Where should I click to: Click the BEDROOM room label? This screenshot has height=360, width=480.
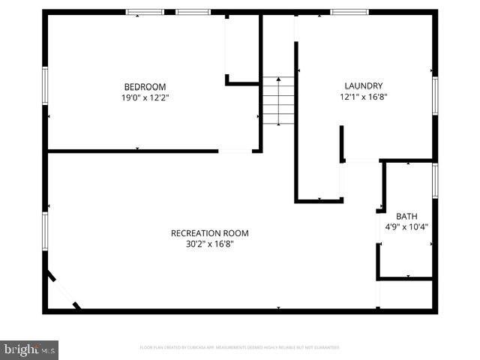[145, 87]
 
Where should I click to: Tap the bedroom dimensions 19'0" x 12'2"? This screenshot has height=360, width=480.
[145, 97]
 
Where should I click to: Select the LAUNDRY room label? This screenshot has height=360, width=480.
[363, 86]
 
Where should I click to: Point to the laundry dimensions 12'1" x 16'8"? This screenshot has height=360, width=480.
[363, 97]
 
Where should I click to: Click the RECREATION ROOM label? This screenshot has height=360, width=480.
[209, 233]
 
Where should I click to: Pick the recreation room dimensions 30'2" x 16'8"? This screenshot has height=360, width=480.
[209, 244]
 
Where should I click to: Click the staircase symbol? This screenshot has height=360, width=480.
[277, 102]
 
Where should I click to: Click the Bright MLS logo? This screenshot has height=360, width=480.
[30, 349]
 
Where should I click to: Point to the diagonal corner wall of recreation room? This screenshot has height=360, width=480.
[61, 291]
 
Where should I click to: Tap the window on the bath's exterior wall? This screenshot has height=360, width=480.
[435, 180]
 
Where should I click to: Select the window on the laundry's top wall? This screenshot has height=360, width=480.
[349, 12]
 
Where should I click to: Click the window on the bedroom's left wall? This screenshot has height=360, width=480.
[45, 86]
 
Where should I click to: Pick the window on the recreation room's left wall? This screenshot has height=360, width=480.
[45, 231]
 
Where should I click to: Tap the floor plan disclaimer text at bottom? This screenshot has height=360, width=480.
[240, 348]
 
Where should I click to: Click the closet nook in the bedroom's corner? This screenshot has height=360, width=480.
[242, 49]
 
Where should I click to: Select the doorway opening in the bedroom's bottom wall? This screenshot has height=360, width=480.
[235, 151]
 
